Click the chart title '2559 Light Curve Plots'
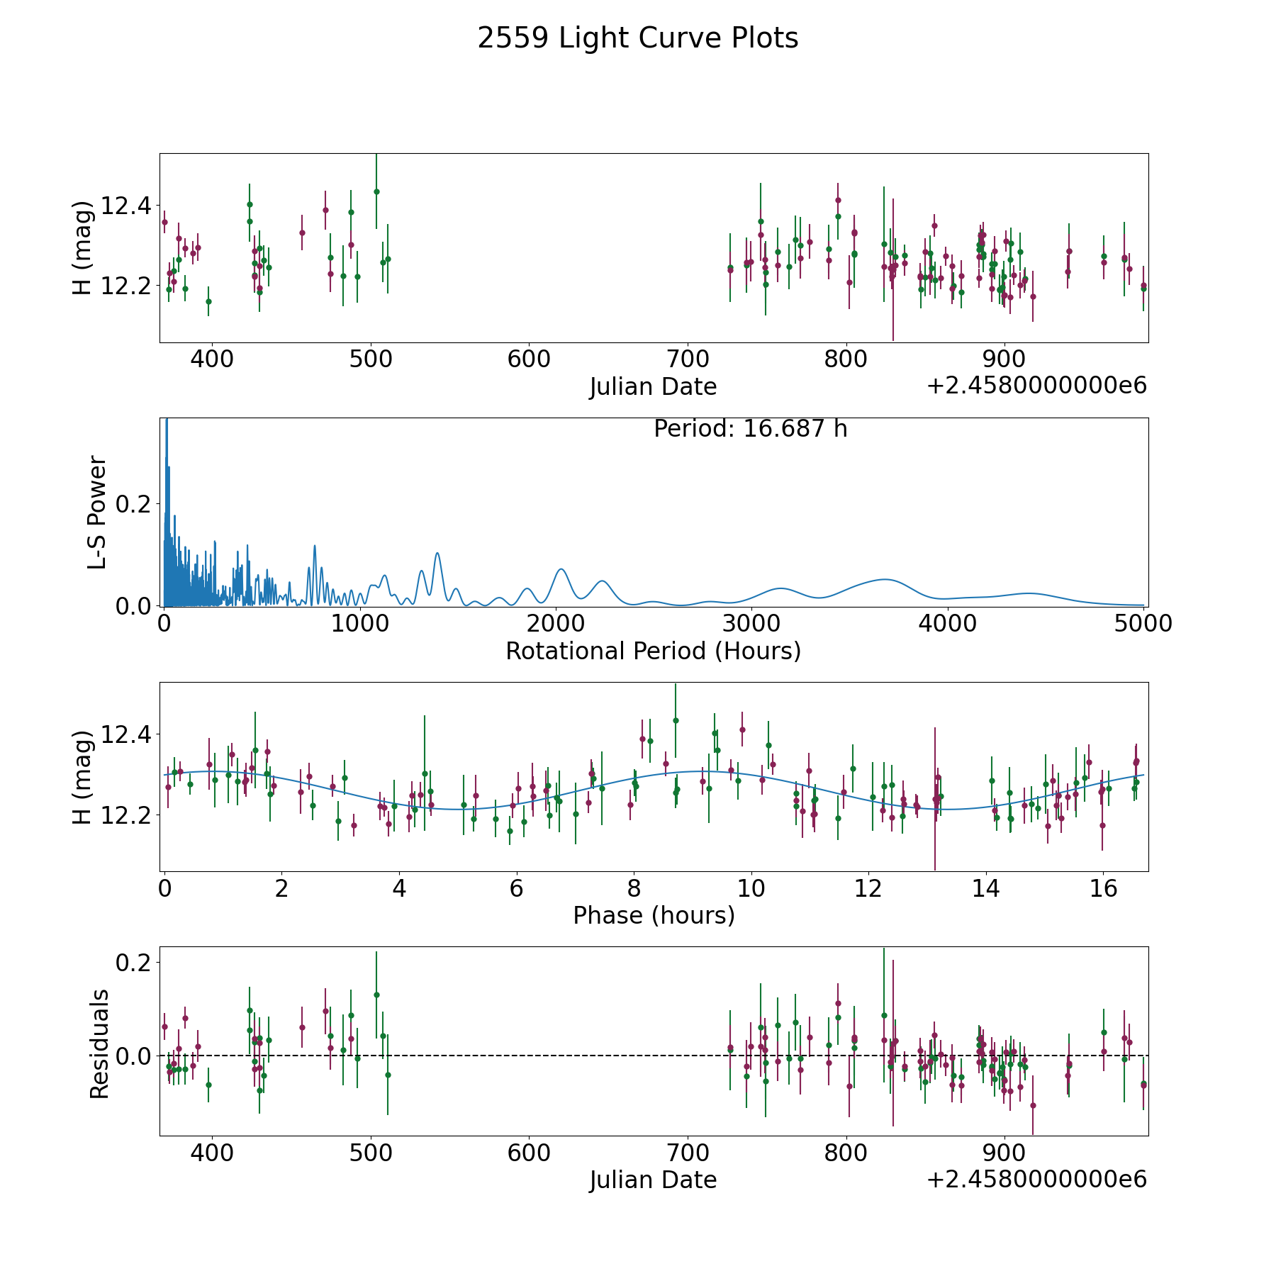(637, 38)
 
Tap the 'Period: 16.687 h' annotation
(750, 429)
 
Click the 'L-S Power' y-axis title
(98, 512)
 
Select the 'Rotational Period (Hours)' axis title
(653, 651)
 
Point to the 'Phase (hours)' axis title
(653, 915)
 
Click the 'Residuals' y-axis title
(99, 1043)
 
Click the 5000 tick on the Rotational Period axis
(1143, 624)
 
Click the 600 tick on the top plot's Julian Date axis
(530, 359)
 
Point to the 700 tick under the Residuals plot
(688, 1153)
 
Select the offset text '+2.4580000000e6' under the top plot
(1036, 386)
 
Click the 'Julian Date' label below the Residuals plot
(653, 1180)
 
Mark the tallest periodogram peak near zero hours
(167, 422)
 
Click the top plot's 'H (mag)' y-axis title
(83, 247)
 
